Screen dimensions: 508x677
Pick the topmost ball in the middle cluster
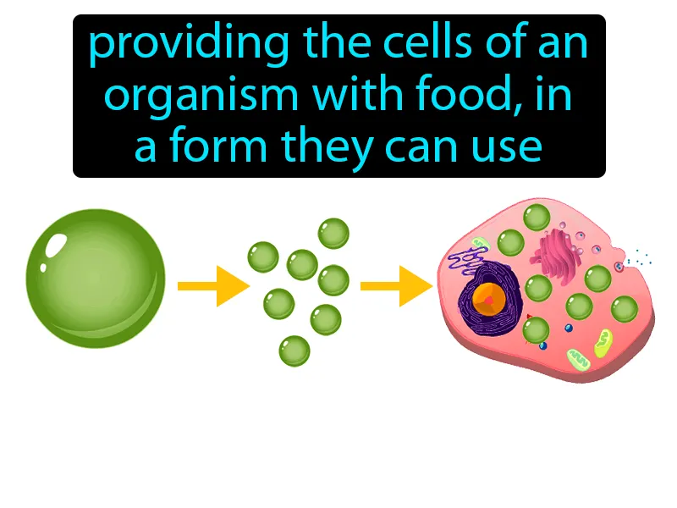pyautogui.click(x=333, y=233)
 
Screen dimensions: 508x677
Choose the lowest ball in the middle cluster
pyautogui.click(x=294, y=350)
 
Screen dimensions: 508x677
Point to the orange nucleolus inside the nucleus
pyautogui.click(x=489, y=299)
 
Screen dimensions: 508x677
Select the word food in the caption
pyautogui.click(x=464, y=97)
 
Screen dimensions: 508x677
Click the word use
pyautogui.click(x=507, y=147)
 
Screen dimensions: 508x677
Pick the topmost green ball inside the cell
pyautogui.click(x=536, y=216)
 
